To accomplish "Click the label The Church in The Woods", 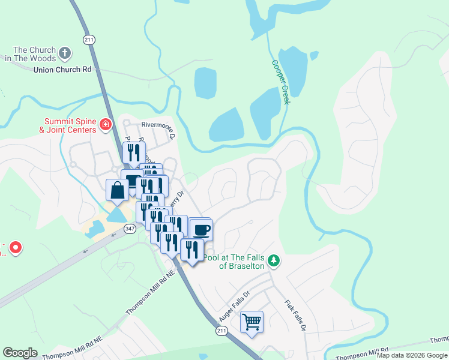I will coord(35,54).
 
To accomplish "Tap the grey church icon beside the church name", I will coord(65,54).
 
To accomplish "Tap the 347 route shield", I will coord(130,228).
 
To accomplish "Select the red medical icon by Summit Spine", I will coord(106,125).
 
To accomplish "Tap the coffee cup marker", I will coord(201,229).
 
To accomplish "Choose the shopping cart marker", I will coord(252,322).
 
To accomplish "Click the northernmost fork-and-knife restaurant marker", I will coord(134,152).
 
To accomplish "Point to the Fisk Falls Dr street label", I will coord(295,315).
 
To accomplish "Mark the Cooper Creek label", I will coord(280,82).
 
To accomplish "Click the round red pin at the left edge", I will coord(16,247).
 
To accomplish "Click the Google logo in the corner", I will coord(20,353).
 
